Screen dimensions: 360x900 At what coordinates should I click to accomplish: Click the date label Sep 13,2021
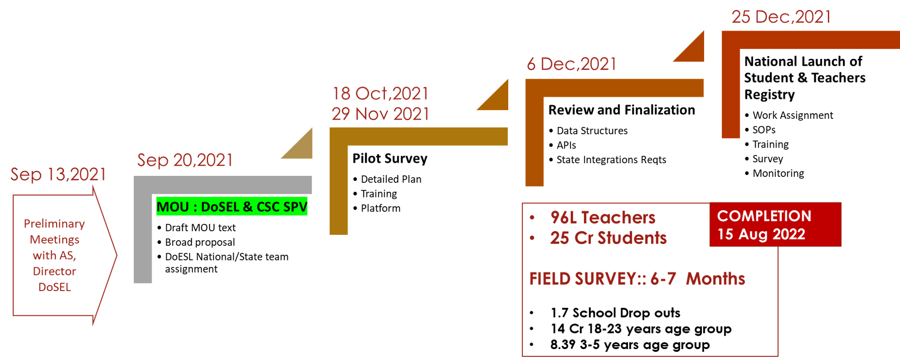pyautogui.click(x=58, y=175)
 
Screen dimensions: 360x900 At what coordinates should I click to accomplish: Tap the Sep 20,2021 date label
pyautogui.click(x=185, y=160)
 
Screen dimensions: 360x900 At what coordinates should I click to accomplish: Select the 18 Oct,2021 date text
pyautogui.click(x=380, y=94)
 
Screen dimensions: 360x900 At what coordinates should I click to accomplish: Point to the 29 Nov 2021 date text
pyautogui.click(x=380, y=114)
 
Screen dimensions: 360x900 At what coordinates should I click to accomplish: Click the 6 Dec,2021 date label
pyautogui.click(x=571, y=64)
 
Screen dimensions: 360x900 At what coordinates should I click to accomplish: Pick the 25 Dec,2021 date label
pyautogui.click(x=781, y=17)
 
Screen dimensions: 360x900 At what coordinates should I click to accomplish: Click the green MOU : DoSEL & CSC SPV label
pyautogui.click(x=232, y=207)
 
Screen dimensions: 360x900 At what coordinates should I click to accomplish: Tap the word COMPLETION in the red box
pyautogui.click(x=764, y=216)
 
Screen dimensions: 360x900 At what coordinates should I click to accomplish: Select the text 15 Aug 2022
pyautogui.click(x=761, y=234)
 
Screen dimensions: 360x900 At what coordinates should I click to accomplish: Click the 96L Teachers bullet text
pyautogui.click(x=603, y=218)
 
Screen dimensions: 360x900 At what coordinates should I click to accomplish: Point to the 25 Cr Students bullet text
pyautogui.click(x=608, y=238)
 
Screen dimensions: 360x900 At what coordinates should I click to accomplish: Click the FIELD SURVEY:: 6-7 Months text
pyautogui.click(x=637, y=279)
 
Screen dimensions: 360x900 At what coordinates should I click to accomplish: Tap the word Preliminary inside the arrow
pyautogui.click(x=54, y=224)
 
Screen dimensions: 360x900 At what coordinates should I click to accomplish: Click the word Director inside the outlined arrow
pyautogui.click(x=54, y=271)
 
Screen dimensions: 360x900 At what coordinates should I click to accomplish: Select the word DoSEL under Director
pyautogui.click(x=54, y=287)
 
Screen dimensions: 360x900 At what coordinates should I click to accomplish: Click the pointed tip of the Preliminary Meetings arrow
pyautogui.click(x=116, y=255)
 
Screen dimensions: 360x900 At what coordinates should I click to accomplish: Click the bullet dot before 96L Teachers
pyautogui.click(x=532, y=218)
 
